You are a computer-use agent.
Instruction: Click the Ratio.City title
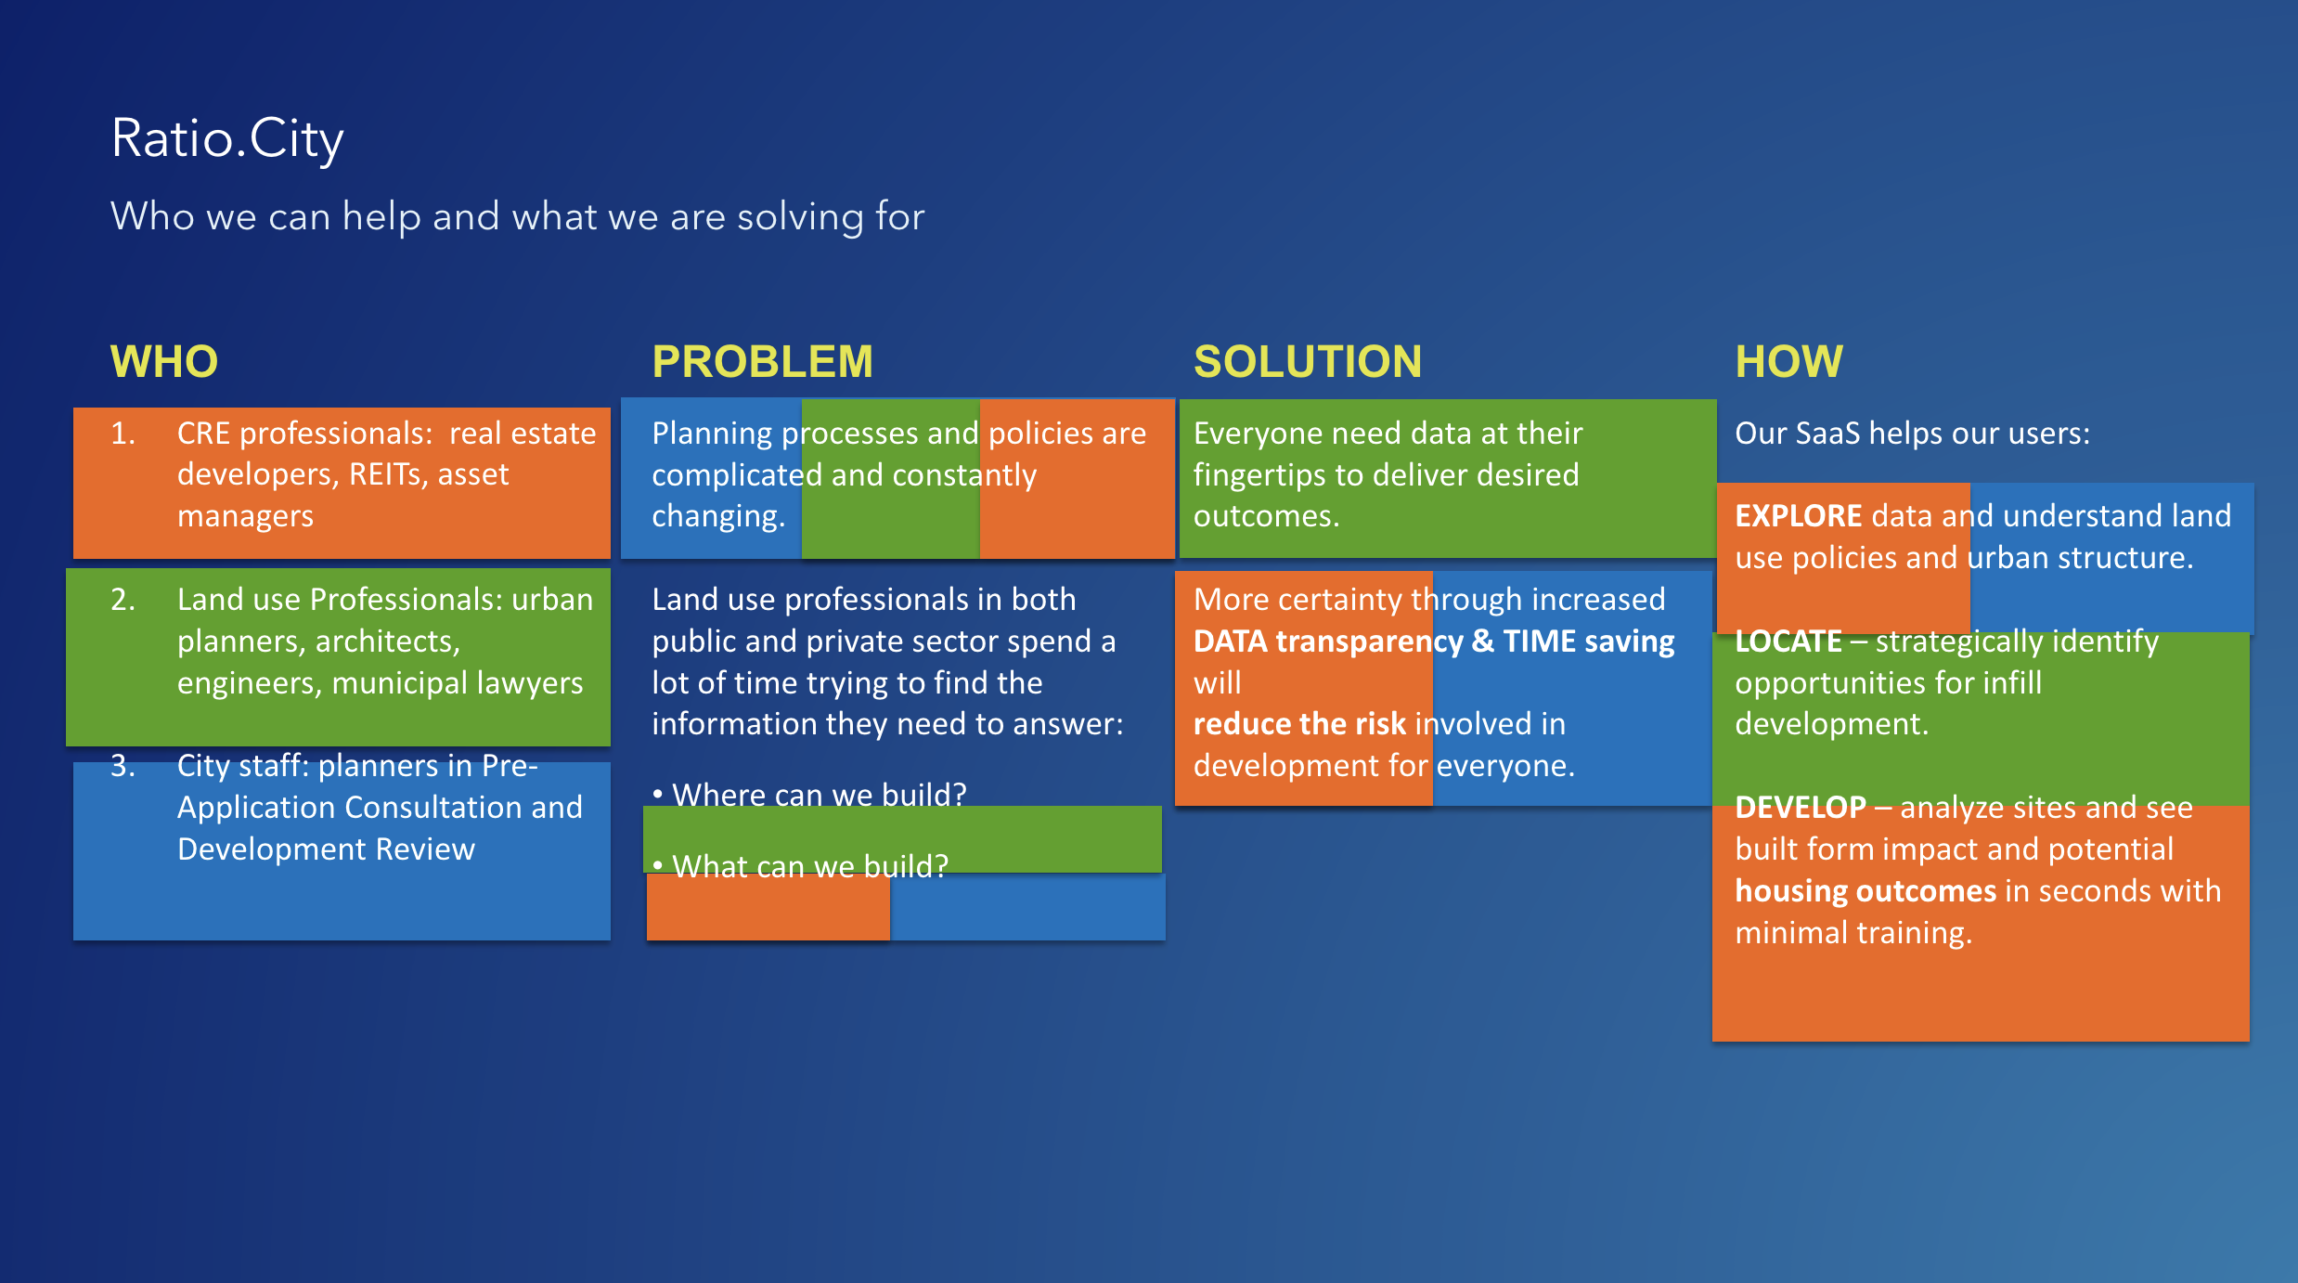[227, 139]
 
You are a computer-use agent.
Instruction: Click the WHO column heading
[164, 361]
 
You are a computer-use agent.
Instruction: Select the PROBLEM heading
[762, 361]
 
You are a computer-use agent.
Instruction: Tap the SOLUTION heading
[1307, 361]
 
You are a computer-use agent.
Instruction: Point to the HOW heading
[1788, 361]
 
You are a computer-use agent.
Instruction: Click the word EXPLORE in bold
[1798, 516]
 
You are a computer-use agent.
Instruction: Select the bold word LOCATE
[1788, 641]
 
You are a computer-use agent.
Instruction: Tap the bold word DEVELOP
[1800, 808]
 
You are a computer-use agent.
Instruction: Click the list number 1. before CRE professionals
[123, 434]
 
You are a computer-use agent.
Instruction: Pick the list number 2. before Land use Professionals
[123, 600]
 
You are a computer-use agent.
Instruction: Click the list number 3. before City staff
[123, 766]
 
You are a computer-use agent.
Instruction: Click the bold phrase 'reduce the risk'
[1299, 724]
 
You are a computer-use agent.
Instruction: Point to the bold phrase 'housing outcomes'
[1865, 891]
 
